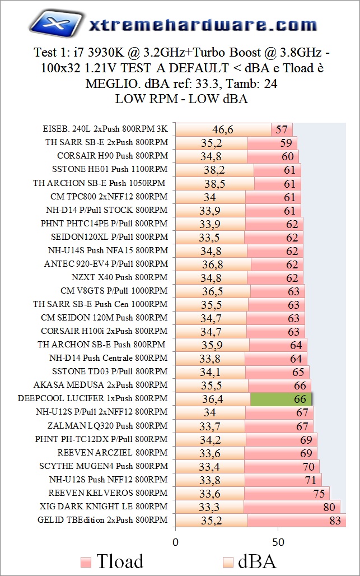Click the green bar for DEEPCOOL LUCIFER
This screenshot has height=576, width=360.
280,399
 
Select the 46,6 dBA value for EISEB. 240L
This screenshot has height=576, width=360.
222,130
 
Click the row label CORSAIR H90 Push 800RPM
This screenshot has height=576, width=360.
112,156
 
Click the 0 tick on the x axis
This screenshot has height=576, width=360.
175,542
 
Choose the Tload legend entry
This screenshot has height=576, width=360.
112,561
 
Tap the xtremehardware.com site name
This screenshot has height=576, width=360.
203,25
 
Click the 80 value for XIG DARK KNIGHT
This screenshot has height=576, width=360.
329,507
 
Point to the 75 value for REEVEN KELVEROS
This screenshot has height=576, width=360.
319,494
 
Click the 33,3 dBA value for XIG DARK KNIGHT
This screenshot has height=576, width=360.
209,507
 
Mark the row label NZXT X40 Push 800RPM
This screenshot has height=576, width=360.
120,277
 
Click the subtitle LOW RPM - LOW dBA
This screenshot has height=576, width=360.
181,99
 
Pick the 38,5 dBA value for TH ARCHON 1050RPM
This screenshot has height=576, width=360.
214,184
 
